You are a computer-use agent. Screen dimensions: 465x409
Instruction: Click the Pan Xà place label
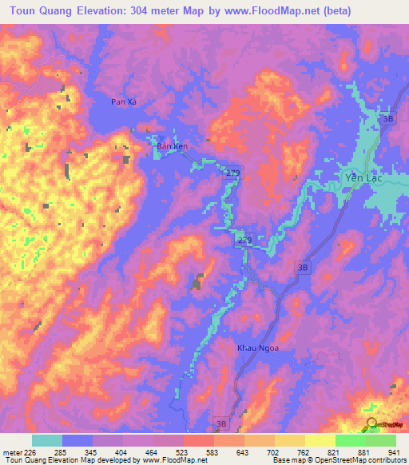125,102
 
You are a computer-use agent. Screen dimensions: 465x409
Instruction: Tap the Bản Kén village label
172,147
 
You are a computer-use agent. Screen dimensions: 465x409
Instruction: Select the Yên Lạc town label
358,177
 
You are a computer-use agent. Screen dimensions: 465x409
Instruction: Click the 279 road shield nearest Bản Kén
232,173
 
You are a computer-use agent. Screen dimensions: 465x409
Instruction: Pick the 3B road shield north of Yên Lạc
388,119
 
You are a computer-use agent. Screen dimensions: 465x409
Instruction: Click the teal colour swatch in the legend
46,440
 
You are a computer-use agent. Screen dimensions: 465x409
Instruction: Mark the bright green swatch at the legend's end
380,440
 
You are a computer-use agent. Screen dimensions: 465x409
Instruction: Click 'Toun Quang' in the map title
39,11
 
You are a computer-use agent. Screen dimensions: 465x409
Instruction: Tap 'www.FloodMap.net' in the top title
271,11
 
